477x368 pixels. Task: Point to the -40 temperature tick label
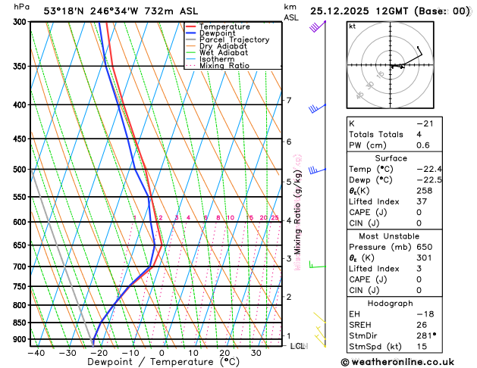[x=35, y=353]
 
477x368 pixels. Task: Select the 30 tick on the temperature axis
[x=256, y=353]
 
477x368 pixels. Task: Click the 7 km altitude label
[x=288, y=101]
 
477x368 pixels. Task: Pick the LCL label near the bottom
[x=297, y=346]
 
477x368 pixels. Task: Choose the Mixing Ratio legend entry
[x=224, y=66]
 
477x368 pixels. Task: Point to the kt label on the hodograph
[x=352, y=27]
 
